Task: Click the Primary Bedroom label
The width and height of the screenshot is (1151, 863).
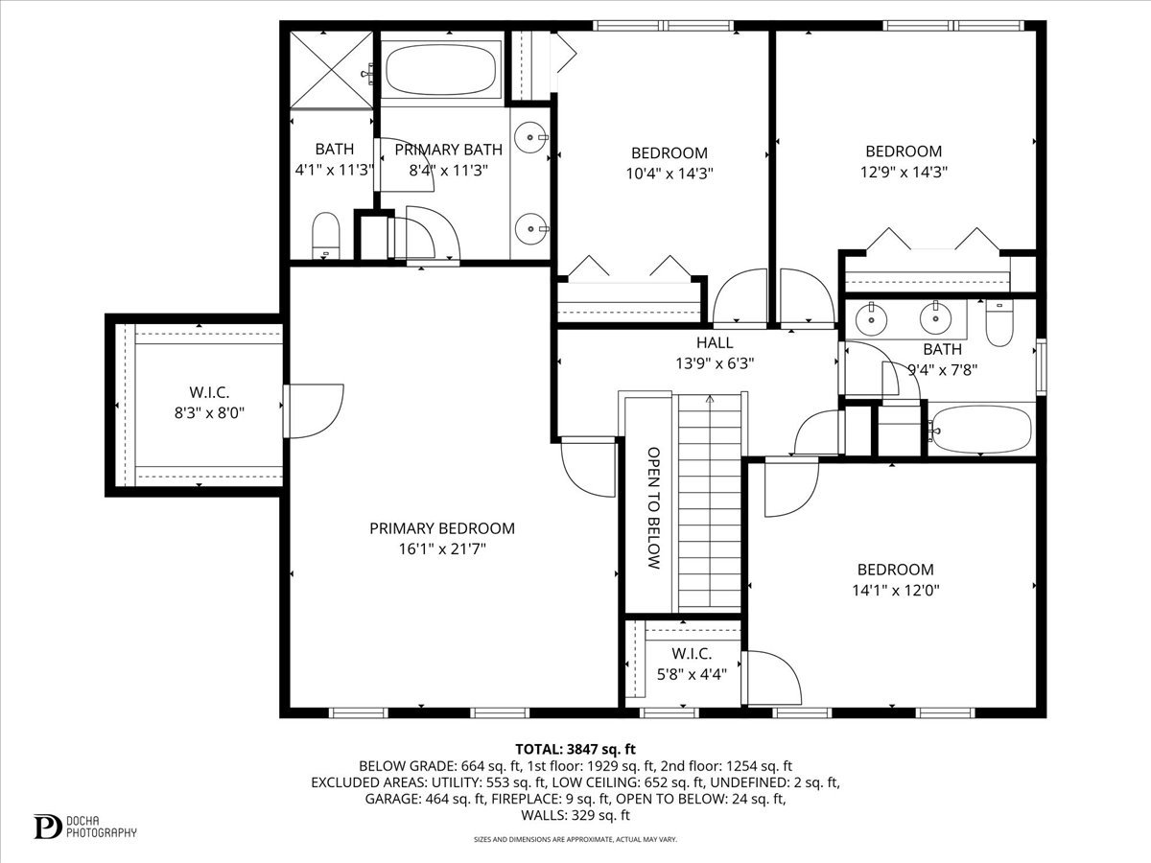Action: pyautogui.click(x=442, y=528)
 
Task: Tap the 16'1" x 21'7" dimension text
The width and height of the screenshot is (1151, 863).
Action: pyautogui.click(x=442, y=549)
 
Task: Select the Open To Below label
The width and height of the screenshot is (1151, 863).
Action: pyautogui.click(x=653, y=508)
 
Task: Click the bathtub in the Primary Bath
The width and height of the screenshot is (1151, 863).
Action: pyautogui.click(x=440, y=69)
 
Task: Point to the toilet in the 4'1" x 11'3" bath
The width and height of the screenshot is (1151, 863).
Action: pyautogui.click(x=325, y=235)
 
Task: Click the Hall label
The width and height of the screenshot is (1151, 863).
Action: pyautogui.click(x=715, y=342)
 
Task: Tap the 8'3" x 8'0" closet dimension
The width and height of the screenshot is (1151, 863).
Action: pyautogui.click(x=210, y=413)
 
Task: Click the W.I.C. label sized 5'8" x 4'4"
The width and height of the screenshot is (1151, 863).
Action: pyautogui.click(x=692, y=654)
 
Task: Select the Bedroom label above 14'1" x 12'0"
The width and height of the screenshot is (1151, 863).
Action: pyautogui.click(x=896, y=570)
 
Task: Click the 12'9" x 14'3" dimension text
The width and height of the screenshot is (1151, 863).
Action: pyautogui.click(x=904, y=173)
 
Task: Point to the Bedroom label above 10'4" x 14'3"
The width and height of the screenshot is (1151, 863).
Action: pyautogui.click(x=669, y=153)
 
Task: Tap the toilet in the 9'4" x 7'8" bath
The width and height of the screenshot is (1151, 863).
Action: pyautogui.click(x=999, y=322)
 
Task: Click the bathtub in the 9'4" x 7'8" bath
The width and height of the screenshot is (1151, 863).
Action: pyautogui.click(x=980, y=430)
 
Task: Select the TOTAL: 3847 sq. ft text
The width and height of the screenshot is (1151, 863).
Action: pyautogui.click(x=575, y=749)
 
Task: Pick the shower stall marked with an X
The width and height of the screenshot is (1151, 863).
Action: pyautogui.click(x=332, y=70)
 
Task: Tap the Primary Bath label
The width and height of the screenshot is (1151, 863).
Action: pyautogui.click(x=448, y=150)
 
